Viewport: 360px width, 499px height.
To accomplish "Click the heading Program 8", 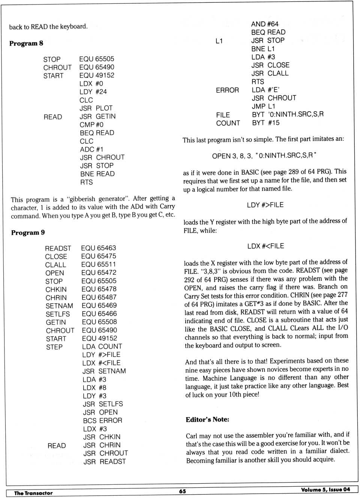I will (26, 43).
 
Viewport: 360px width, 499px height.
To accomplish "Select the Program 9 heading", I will (28, 232).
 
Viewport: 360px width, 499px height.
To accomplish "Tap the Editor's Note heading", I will (207, 420).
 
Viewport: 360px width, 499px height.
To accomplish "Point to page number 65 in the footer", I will (182, 491).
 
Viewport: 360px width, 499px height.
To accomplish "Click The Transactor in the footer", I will (33, 493).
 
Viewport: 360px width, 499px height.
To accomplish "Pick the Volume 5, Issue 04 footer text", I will (325, 490).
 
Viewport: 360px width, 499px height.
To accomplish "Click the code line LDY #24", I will (93, 92).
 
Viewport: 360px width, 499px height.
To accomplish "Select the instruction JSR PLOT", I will (96, 108).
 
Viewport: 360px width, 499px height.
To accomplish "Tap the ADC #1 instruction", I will (91, 149).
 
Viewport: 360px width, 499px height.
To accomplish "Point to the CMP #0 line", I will (91, 124).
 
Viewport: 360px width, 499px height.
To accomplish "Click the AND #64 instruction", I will (265, 24).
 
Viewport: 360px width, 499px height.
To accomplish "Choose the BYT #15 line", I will (266, 123).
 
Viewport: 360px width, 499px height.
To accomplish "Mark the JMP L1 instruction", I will (263, 106).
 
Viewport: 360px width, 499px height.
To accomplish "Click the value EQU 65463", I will (99, 248).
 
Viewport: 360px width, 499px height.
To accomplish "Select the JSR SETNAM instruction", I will (104, 371).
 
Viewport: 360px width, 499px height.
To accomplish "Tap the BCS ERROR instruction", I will (102, 421).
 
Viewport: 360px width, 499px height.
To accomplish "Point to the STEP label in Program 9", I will (54, 347).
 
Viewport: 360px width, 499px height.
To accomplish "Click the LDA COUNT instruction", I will (102, 346).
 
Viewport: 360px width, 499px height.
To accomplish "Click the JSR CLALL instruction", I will (270, 73).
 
